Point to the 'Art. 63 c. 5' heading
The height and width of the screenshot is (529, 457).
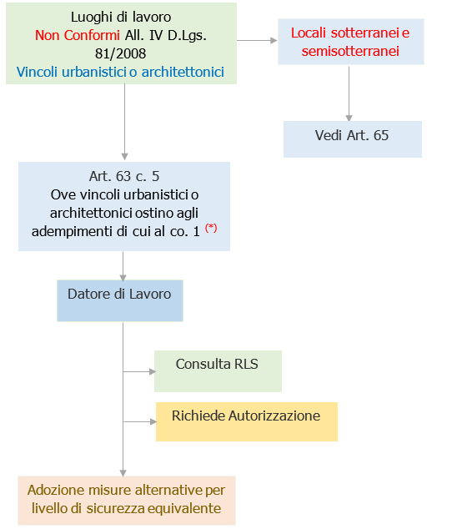click(x=124, y=176)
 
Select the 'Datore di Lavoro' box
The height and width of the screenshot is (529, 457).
click(x=119, y=300)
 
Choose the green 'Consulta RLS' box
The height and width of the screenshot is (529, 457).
click(x=218, y=370)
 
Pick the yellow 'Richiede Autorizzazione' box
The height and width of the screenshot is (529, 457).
click(x=246, y=421)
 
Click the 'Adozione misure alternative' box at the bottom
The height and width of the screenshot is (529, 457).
click(x=126, y=500)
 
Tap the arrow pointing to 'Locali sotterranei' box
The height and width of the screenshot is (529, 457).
click(x=258, y=39)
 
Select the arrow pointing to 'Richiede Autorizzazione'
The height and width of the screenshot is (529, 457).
click(x=139, y=421)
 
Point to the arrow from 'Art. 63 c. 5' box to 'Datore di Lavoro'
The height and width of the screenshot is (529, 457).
click(x=124, y=265)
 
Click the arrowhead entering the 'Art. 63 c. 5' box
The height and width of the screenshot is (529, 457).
click(x=124, y=157)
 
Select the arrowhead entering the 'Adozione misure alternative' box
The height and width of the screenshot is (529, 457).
click(x=124, y=471)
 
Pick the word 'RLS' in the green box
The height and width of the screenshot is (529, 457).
click(x=247, y=365)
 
